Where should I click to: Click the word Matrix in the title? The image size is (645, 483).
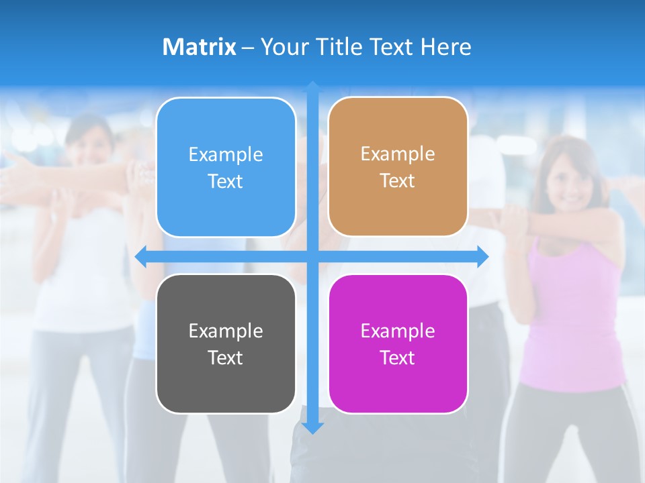click(x=199, y=47)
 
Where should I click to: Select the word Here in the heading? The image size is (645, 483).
click(x=445, y=47)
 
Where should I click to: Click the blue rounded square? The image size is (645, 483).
click(x=226, y=167)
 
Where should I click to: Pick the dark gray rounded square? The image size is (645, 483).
click(x=226, y=343)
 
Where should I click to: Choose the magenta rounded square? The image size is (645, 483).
click(x=398, y=343)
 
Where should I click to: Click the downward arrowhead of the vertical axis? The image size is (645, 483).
click(x=312, y=427)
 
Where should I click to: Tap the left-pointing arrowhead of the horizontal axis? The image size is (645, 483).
click(x=140, y=256)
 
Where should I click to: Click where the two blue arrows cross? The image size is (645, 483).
click(x=312, y=256)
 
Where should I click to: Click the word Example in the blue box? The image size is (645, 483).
click(x=226, y=155)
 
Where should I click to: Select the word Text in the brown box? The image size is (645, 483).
click(x=398, y=180)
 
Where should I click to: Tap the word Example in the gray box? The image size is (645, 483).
click(x=226, y=331)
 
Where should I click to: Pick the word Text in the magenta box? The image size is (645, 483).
click(x=398, y=358)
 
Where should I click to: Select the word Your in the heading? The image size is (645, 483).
click(x=283, y=47)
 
